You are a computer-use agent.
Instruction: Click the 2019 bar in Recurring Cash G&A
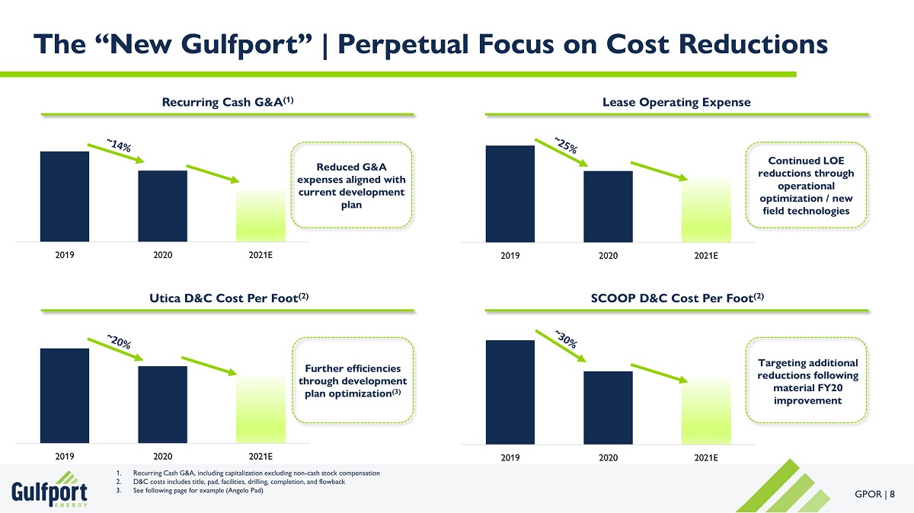(65, 196)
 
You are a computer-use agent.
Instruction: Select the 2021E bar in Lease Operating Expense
(706, 210)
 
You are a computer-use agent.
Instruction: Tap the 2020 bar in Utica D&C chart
(162, 403)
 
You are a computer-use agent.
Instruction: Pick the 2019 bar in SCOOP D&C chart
(510, 391)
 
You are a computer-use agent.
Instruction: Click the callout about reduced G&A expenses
(351, 185)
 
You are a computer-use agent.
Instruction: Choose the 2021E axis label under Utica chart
(260, 457)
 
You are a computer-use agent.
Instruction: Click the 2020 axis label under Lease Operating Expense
(607, 255)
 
